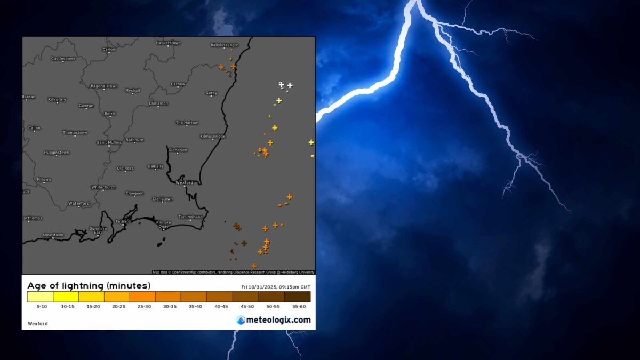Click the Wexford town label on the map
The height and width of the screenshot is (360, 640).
pos(184,182)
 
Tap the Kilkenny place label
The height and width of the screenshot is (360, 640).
pos(57,99)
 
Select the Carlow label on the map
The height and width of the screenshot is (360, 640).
pos(109,49)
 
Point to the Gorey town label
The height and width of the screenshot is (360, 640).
pos(211,93)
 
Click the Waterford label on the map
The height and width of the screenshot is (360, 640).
pos(79,203)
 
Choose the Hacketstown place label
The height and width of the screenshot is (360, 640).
pos(168,42)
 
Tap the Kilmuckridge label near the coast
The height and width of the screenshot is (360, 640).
pos(212,137)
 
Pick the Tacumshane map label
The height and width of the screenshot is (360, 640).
pos(190,217)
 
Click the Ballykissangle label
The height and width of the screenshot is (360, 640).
pos(224,45)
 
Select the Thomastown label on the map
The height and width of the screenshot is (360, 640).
pos(75,132)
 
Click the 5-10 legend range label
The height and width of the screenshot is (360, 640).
pos(40,307)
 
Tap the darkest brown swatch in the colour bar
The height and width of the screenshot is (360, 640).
pos(297,297)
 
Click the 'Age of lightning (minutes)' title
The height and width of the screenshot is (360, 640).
pos(89,285)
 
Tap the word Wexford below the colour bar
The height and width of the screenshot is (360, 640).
pos(37,323)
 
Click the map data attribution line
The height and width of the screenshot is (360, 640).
pos(233,272)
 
